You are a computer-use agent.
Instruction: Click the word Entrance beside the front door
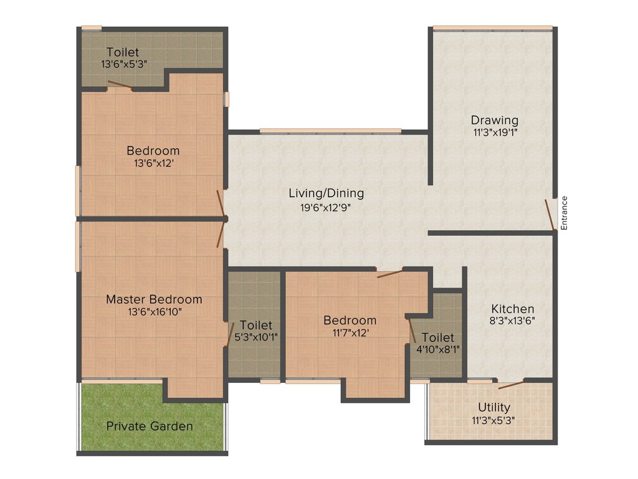click(564, 213)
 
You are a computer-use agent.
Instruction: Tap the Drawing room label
click(494, 120)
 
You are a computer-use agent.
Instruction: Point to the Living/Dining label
click(326, 193)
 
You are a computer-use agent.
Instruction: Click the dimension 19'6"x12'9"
click(326, 208)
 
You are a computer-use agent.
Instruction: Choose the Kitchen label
click(513, 309)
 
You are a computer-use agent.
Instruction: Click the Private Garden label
click(150, 427)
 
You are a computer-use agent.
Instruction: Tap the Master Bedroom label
click(154, 299)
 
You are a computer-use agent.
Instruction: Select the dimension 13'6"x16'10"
click(154, 311)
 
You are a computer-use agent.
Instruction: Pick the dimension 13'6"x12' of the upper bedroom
click(153, 163)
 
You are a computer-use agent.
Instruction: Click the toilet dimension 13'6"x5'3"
click(124, 64)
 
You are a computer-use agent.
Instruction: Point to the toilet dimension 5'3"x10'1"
click(255, 337)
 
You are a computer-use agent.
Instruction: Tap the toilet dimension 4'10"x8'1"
click(437, 349)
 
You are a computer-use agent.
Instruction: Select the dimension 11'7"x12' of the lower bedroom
click(350, 332)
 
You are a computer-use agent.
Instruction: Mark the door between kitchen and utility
click(511, 384)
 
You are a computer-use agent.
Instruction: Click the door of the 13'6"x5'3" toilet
click(119, 85)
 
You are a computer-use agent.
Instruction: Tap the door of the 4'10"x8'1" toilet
click(411, 331)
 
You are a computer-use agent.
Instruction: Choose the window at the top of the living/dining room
click(330, 131)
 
